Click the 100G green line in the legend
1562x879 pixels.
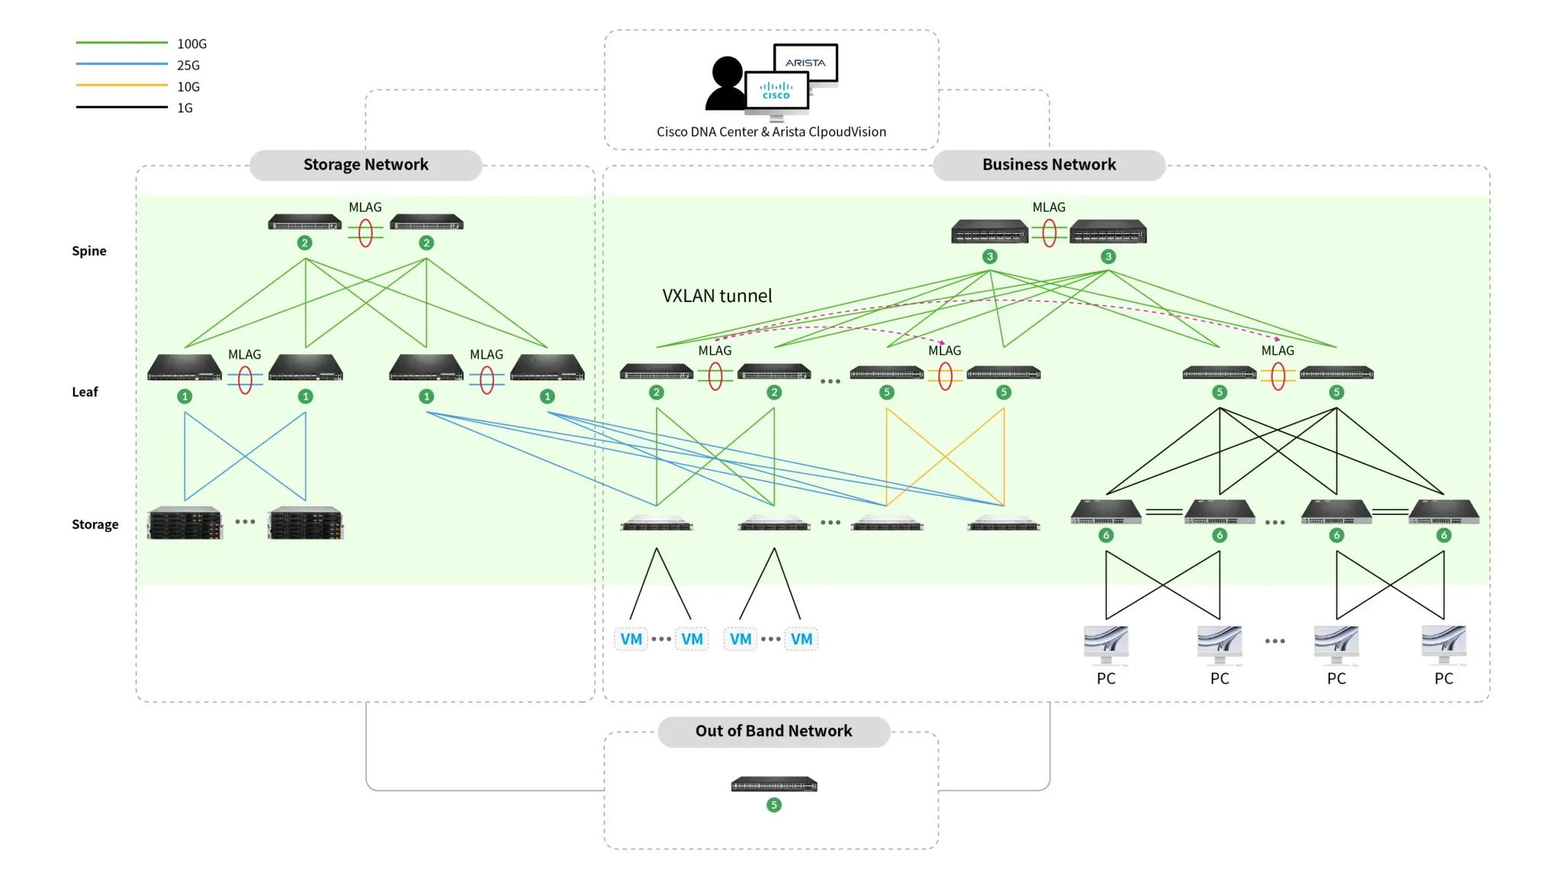pyautogui.click(x=121, y=43)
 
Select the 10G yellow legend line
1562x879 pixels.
pyautogui.click(x=121, y=85)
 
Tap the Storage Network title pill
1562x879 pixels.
pyautogui.click(x=366, y=165)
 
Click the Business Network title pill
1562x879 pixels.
pyautogui.click(x=1049, y=165)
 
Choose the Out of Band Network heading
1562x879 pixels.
pyautogui.click(x=773, y=731)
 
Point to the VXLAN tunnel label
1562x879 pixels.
pyautogui.click(x=717, y=296)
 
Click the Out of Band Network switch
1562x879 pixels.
pyautogui.click(x=774, y=784)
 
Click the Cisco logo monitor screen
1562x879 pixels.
pyautogui.click(x=776, y=91)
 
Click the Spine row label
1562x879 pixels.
pyautogui.click(x=89, y=251)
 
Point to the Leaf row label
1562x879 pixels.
pyautogui.click(x=85, y=392)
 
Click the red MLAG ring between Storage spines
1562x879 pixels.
pyautogui.click(x=365, y=233)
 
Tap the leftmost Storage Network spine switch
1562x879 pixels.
pyautogui.click(x=305, y=222)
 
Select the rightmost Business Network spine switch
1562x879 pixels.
pyautogui.click(x=1108, y=231)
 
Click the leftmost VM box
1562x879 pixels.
pyautogui.click(x=631, y=639)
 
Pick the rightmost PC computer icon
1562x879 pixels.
pyautogui.click(x=1444, y=646)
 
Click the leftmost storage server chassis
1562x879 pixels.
pyautogui.click(x=185, y=523)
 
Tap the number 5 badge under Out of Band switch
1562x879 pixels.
pyautogui.click(x=774, y=805)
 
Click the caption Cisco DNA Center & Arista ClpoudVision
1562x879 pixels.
pyautogui.click(x=771, y=132)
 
